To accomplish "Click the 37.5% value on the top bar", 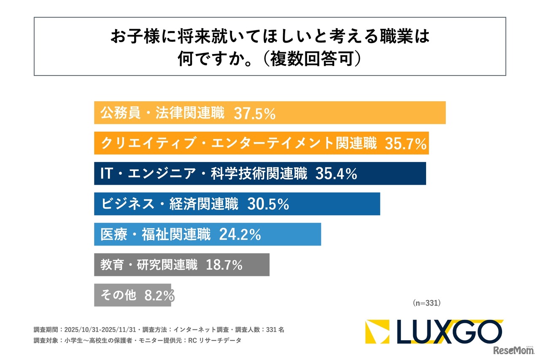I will [254, 113].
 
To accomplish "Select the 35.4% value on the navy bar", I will [336, 174].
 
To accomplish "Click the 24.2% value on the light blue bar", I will [240, 235].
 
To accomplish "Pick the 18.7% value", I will [224, 265].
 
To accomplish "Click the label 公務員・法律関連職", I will [162, 113].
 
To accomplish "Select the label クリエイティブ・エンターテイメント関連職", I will [238, 143].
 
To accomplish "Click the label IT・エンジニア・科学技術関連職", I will [204, 174].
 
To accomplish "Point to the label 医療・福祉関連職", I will [155, 235].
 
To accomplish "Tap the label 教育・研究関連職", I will [149, 265].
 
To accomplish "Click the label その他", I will [118, 295].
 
